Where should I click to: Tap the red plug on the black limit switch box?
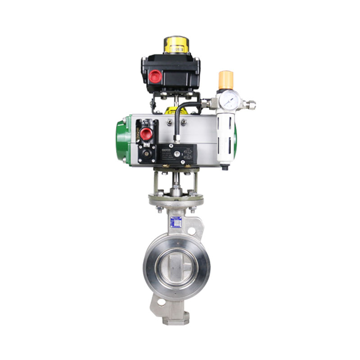click(x=155, y=76)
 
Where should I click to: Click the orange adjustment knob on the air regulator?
click(x=225, y=80)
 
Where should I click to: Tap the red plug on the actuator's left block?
click(x=146, y=133)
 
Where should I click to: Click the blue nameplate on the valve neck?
click(x=176, y=222)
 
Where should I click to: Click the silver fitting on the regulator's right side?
click(x=249, y=104)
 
